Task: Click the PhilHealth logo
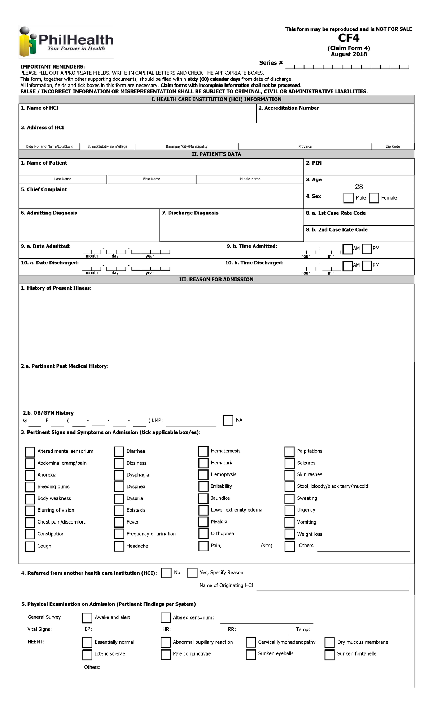(x=66, y=41)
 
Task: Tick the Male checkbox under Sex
(x=348, y=198)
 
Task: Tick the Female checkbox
(x=374, y=198)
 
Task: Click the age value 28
(x=359, y=187)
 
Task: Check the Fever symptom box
(x=119, y=522)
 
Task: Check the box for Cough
(x=30, y=546)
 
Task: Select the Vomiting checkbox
(x=289, y=522)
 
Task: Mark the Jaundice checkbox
(x=204, y=498)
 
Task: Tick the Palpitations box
(x=289, y=451)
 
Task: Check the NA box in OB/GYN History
(x=228, y=420)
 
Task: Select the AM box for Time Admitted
(x=347, y=249)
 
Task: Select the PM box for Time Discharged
(x=367, y=266)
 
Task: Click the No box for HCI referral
(x=166, y=573)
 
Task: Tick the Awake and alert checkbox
(x=87, y=618)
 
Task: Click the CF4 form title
(x=349, y=38)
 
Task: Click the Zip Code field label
(x=393, y=146)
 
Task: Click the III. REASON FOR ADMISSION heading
(x=216, y=279)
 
